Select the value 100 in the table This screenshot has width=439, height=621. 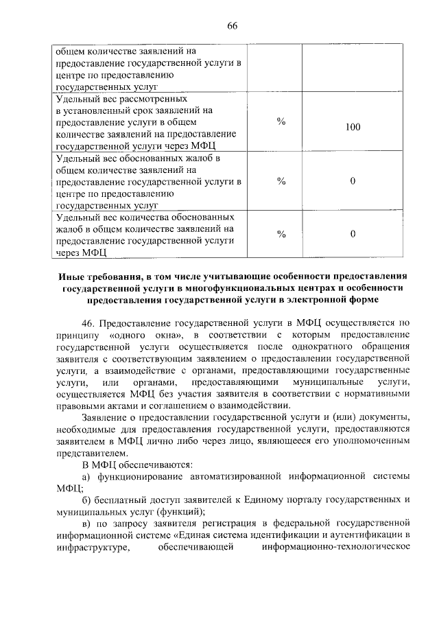[x=353, y=127]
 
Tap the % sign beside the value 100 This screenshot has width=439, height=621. [x=281, y=121]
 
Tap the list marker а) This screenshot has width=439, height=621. [x=86, y=477]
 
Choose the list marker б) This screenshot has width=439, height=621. [x=86, y=501]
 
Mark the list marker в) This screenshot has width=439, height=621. [x=86, y=525]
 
